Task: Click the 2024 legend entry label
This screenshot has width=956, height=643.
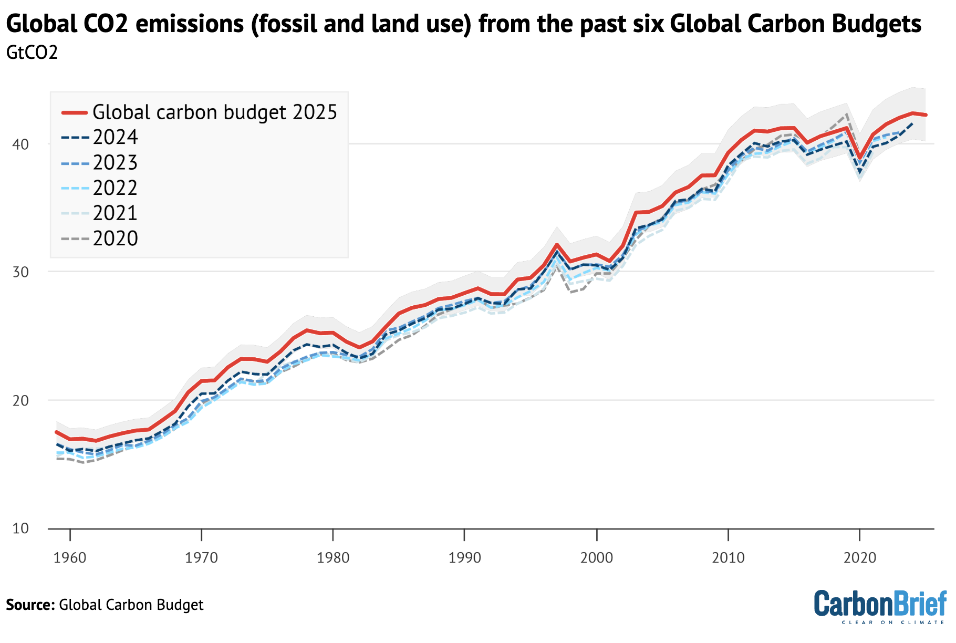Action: (x=115, y=138)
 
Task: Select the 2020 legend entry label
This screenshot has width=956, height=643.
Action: (x=115, y=239)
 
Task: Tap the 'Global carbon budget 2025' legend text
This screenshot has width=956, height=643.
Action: (x=214, y=112)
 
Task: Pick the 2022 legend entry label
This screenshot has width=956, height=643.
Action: (x=115, y=188)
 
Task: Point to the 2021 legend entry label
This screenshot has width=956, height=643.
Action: (x=115, y=213)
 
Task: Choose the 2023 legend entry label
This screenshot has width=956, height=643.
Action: (x=115, y=163)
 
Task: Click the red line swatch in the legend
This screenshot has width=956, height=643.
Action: (x=74, y=112)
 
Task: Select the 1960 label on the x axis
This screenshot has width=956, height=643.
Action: (x=70, y=558)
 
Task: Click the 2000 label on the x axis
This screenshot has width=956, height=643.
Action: (x=596, y=558)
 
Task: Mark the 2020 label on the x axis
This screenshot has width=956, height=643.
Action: (x=860, y=558)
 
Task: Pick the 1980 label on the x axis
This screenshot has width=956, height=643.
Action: (x=333, y=558)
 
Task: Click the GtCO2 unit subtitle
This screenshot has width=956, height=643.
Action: (x=32, y=53)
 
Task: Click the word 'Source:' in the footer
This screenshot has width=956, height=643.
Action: (x=30, y=605)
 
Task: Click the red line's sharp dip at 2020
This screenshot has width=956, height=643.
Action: (x=860, y=158)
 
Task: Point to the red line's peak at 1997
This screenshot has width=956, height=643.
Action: (x=557, y=244)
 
